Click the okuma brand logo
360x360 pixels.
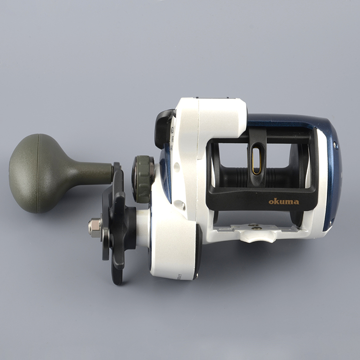coord(283,202)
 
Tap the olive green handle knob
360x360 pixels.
coord(36,173)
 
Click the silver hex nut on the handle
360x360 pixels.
coord(94,227)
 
